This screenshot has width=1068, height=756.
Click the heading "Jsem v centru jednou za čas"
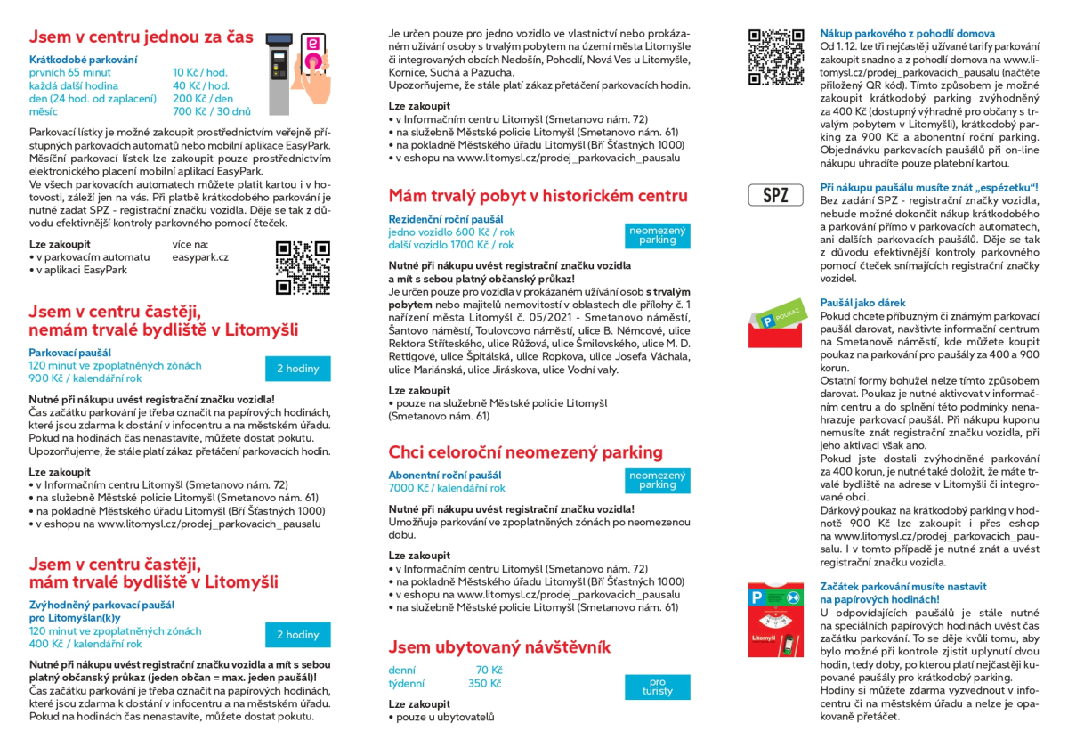pyautogui.click(x=141, y=37)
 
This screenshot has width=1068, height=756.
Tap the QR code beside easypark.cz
pyautogui.click(x=303, y=267)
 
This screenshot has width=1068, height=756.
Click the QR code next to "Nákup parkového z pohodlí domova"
pyautogui.click(x=775, y=56)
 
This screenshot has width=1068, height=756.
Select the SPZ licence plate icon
pyautogui.click(x=775, y=195)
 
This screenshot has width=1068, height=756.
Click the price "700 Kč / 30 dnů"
pyautogui.click(x=212, y=111)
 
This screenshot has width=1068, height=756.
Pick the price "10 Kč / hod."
pyautogui.click(x=200, y=72)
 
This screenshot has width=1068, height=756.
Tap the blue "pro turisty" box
pyautogui.click(x=658, y=687)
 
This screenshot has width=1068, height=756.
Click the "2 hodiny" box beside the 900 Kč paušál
pyautogui.click(x=297, y=369)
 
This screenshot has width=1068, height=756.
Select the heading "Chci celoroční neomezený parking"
pyautogui.click(x=525, y=452)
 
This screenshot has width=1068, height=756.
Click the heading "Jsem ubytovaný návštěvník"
pyautogui.click(x=499, y=646)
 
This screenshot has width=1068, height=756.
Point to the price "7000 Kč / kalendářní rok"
pyautogui.click(x=446, y=488)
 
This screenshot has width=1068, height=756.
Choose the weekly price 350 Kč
pyautogui.click(x=484, y=684)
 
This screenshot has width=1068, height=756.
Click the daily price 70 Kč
pyautogui.click(x=489, y=670)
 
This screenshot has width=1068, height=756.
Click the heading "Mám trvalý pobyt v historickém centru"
pyautogui.click(x=538, y=196)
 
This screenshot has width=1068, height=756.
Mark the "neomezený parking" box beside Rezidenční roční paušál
pyautogui.click(x=658, y=235)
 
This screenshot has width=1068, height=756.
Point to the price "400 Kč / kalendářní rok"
pyautogui.click(x=85, y=644)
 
